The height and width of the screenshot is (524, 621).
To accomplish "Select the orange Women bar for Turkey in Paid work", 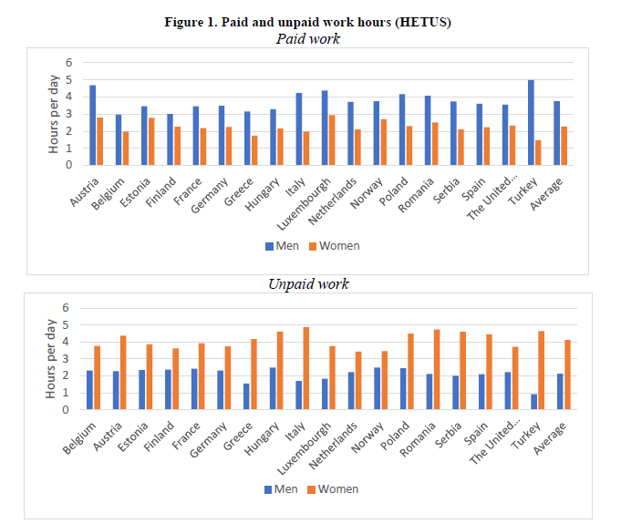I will (538, 152).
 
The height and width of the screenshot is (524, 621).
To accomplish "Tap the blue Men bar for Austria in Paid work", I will (93, 125).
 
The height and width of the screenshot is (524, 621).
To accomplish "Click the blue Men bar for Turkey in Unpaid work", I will (533, 402).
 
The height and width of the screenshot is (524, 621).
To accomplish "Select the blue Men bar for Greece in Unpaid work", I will (246, 396).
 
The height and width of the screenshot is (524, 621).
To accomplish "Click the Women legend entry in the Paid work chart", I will (337, 245).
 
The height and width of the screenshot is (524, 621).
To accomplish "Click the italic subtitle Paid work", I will (309, 38).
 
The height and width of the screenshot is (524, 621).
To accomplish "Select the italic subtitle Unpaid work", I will (308, 283).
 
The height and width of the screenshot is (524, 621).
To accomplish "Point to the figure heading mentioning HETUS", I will (309, 23).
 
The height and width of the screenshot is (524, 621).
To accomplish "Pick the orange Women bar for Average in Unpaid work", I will (567, 375).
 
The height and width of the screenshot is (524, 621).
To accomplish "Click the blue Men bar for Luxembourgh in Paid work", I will (325, 128).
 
